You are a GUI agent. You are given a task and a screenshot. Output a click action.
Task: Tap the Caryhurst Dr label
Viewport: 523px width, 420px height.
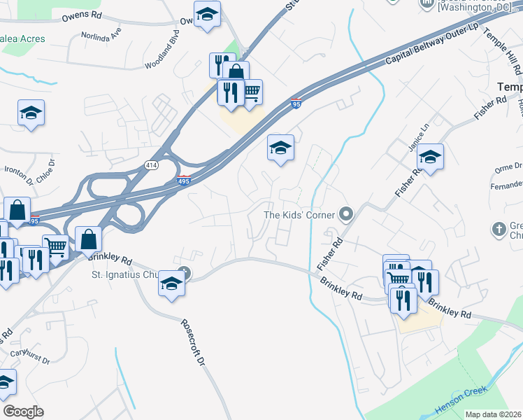click(x=31, y=356)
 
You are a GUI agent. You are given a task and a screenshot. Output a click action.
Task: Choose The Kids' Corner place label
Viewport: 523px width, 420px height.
click(x=298, y=215)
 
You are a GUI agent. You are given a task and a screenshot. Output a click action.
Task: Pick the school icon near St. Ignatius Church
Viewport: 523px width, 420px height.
click(x=171, y=283)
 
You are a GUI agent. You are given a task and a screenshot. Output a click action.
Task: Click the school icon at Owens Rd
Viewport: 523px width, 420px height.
click(x=207, y=13)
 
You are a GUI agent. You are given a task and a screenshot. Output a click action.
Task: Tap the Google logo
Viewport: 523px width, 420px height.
click(x=23, y=411)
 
